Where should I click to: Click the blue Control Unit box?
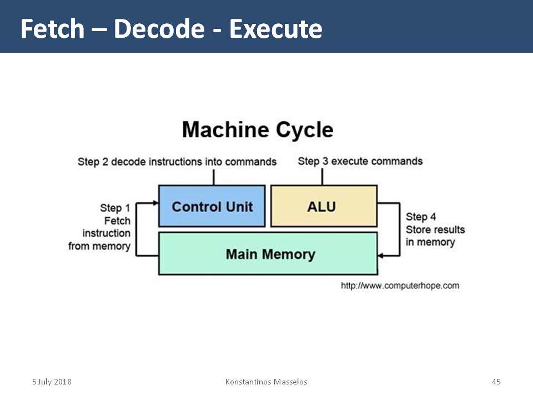[x=212, y=206]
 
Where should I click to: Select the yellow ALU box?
[x=324, y=206]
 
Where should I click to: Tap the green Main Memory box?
[x=268, y=253]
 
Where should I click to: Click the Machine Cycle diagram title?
[x=258, y=130]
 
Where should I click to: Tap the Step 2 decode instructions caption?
[x=177, y=162]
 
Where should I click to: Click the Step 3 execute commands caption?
[x=360, y=161]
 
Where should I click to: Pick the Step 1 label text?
[x=99, y=227]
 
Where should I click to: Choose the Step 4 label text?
[x=435, y=229]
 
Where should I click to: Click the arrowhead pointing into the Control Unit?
[x=156, y=203]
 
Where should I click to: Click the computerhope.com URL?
[x=400, y=286]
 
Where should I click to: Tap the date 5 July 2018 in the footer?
[x=52, y=382]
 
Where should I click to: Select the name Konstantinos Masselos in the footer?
[x=266, y=382]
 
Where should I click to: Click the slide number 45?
[x=496, y=382]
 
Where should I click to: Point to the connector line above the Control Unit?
[x=214, y=177]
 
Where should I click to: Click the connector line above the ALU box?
[x=322, y=177]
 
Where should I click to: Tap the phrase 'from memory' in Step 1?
[x=99, y=246]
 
